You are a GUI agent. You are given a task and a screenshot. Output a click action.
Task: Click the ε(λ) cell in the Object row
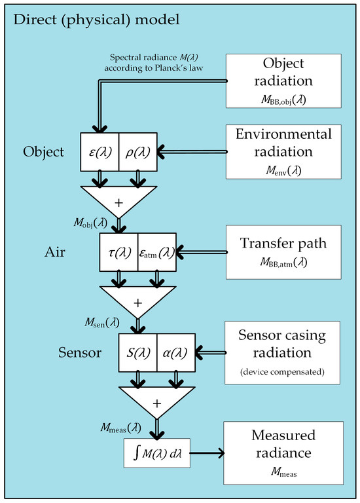[x=99, y=153]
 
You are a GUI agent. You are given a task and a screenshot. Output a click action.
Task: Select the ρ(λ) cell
[x=137, y=153]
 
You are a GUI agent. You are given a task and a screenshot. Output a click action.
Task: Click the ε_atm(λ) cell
[x=157, y=251]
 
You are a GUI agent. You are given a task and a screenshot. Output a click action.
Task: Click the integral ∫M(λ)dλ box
[x=156, y=453]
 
